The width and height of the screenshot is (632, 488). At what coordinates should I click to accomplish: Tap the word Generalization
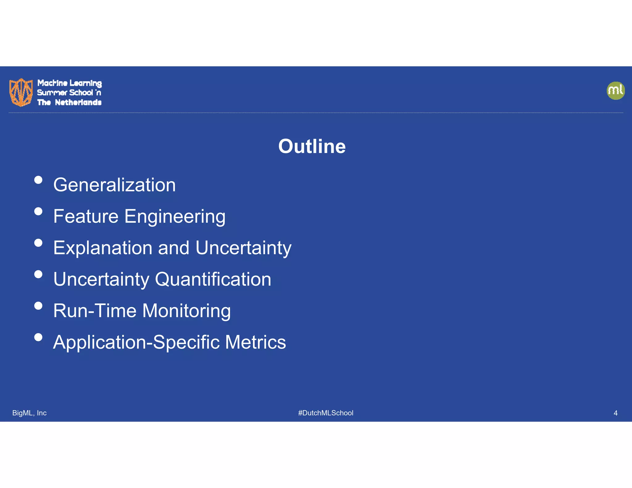114,185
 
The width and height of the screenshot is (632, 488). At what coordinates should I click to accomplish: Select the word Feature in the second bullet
86,216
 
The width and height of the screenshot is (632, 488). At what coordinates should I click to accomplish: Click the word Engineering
175,217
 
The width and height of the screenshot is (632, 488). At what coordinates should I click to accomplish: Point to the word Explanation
103,248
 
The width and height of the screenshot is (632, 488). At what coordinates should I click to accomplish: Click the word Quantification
213,279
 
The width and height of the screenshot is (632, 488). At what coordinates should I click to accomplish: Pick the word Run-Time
95,311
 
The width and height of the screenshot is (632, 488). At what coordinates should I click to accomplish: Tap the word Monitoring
186,311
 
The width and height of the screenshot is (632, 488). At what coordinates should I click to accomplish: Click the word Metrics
255,342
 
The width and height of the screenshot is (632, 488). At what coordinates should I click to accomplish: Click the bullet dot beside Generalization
38,180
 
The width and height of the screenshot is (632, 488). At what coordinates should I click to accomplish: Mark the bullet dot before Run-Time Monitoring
38,306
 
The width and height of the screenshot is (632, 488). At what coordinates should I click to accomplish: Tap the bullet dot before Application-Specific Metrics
38,337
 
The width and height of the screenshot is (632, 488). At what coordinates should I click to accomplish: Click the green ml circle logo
616,91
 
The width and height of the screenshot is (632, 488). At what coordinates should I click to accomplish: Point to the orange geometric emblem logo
21,92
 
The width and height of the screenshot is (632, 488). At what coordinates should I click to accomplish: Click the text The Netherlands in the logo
69,102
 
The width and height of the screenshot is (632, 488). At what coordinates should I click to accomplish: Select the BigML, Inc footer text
29,413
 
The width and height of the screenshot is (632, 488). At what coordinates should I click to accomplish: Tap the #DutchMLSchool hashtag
326,413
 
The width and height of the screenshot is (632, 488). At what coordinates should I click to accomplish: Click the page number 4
615,413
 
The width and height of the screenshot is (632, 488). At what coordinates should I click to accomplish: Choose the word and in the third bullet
173,248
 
